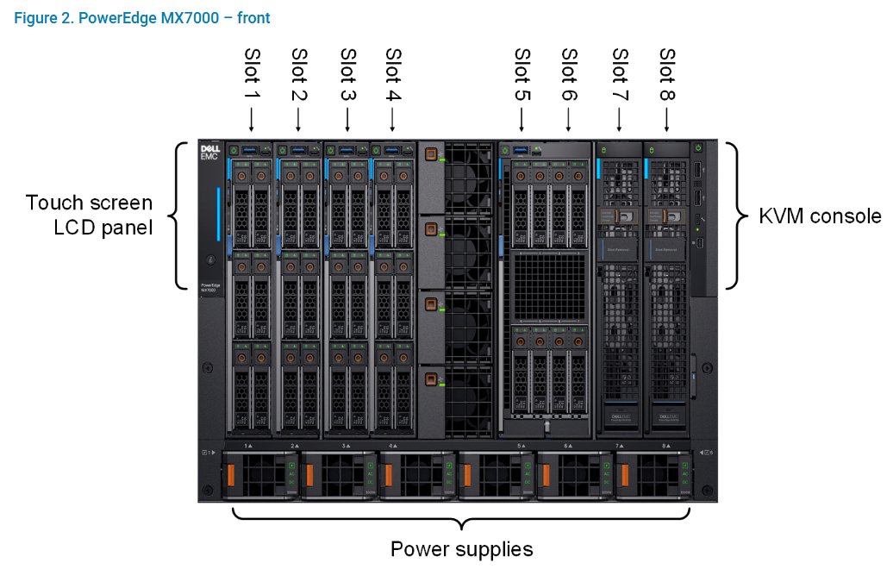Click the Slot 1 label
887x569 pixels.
coord(253,73)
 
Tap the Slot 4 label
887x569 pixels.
coord(392,73)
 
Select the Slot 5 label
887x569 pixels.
coord(522,73)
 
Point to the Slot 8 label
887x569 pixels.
coord(666,73)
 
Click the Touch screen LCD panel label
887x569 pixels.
coord(89,216)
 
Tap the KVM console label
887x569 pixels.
coord(819,216)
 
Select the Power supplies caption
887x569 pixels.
coord(461,549)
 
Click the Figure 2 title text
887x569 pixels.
coord(142,18)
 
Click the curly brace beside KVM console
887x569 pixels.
coord(734,216)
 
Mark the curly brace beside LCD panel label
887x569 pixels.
coord(178,216)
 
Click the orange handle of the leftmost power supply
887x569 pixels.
coord(230,476)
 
